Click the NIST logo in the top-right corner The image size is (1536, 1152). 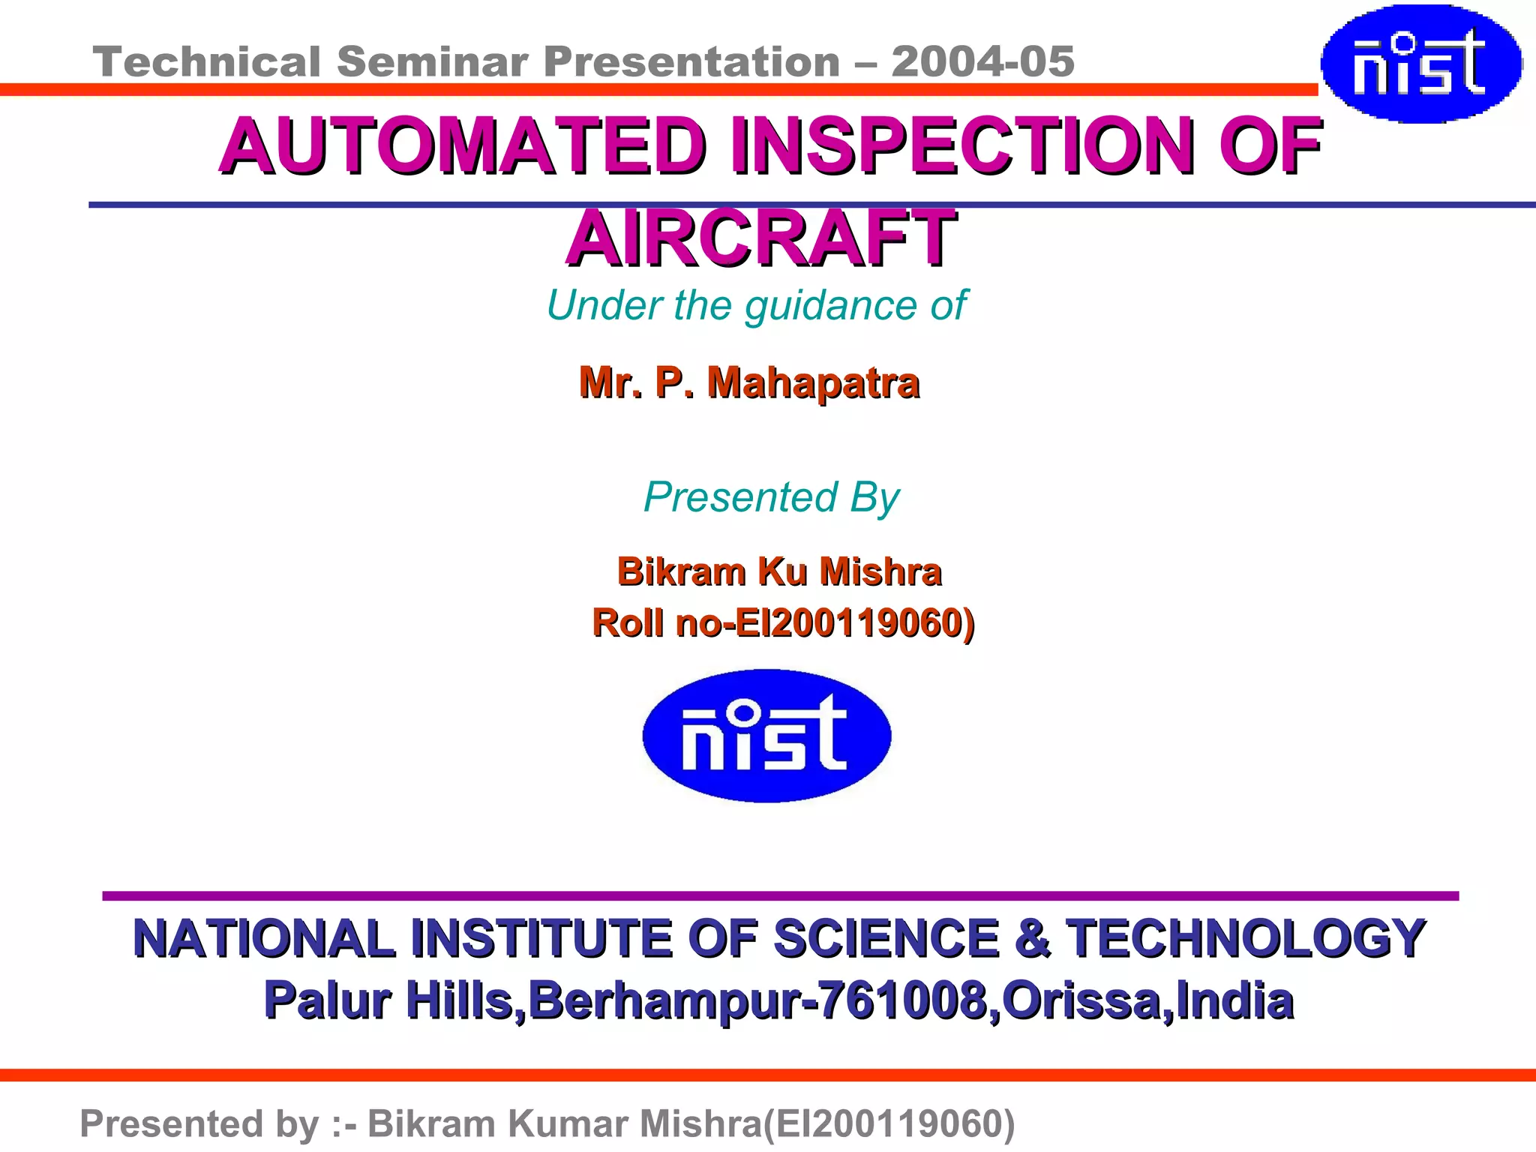[x=1420, y=64]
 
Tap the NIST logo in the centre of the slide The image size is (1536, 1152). [x=766, y=736]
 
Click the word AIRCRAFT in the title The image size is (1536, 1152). [x=760, y=238]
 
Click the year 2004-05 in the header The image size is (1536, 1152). [x=982, y=61]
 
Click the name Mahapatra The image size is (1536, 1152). [x=813, y=382]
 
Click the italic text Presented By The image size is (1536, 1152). [x=771, y=497]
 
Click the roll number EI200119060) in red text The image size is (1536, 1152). [x=855, y=622]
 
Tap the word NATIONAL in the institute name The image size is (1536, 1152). [x=263, y=938]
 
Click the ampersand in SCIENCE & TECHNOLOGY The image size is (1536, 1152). [x=1033, y=938]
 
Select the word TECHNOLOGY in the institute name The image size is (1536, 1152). [x=1246, y=938]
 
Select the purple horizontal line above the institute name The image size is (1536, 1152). [x=780, y=895]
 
